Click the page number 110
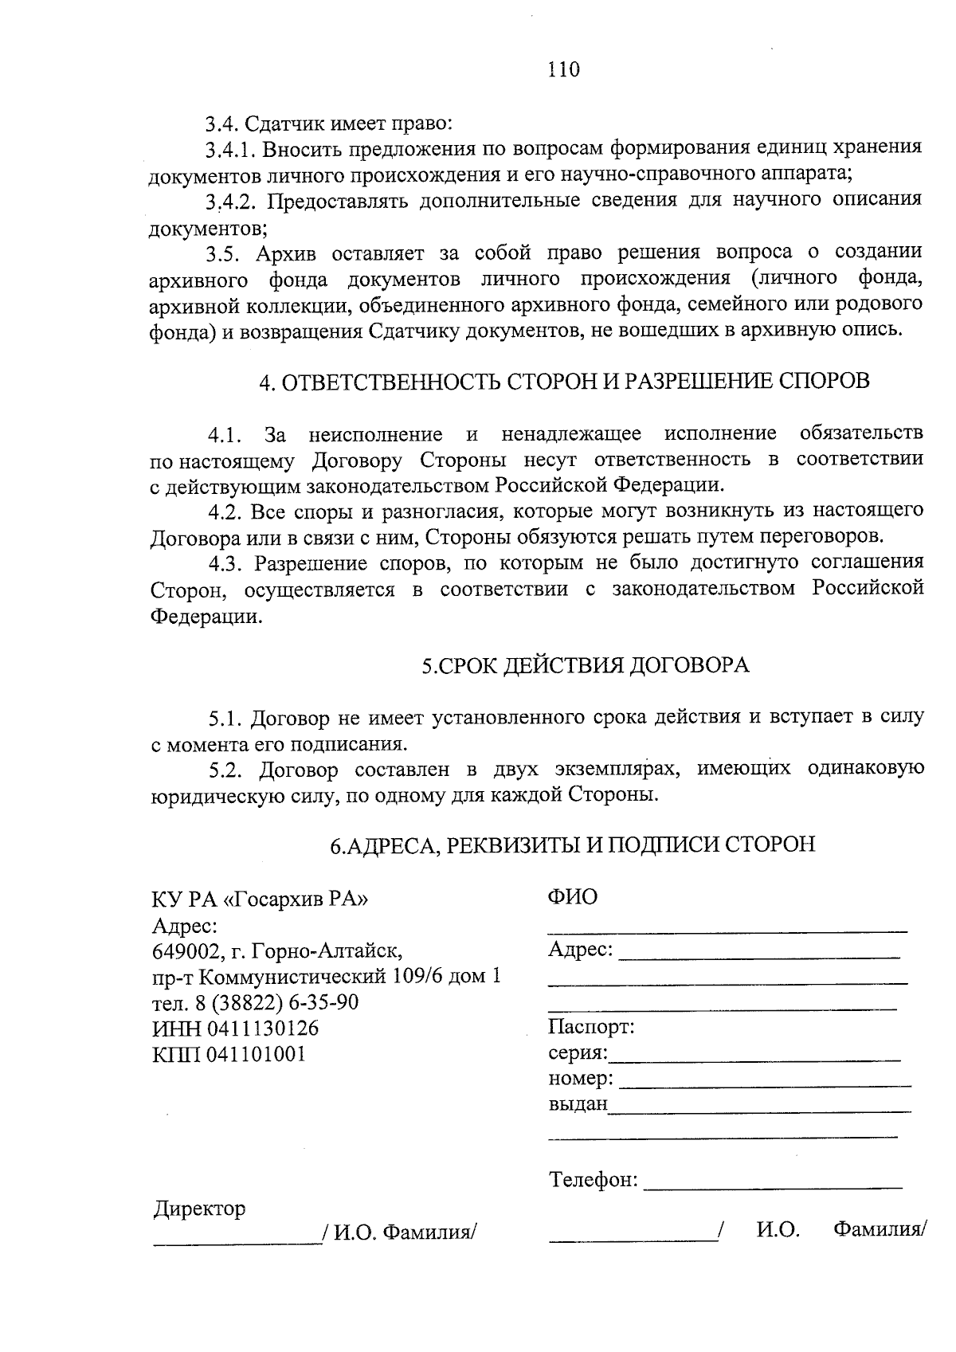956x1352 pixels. point(563,69)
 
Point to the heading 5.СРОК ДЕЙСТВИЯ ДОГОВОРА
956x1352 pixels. point(586,666)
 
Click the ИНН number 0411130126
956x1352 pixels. point(262,1029)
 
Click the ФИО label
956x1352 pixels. point(572,897)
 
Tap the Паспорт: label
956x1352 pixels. point(591,1027)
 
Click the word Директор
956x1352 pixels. point(199,1209)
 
